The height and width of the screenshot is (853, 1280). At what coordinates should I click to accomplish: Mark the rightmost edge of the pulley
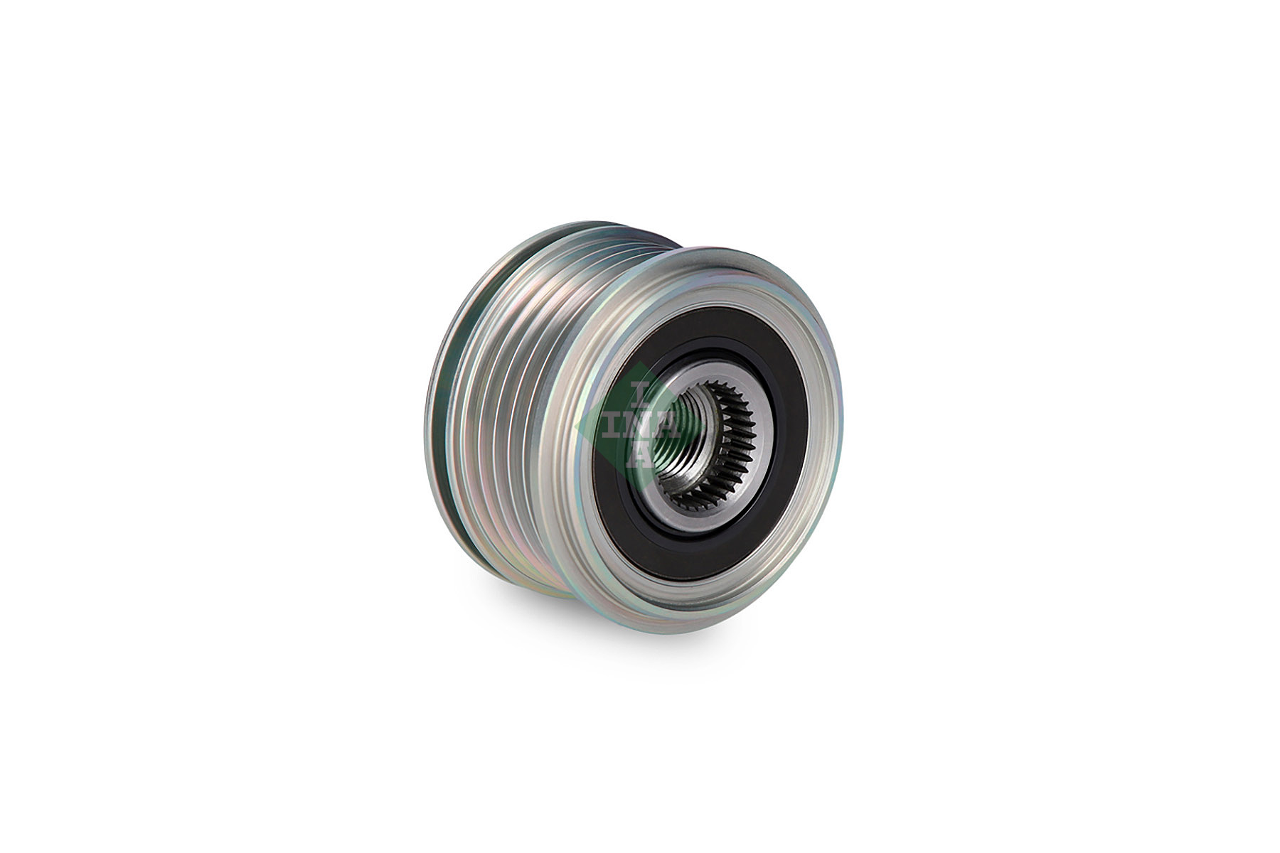843,441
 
